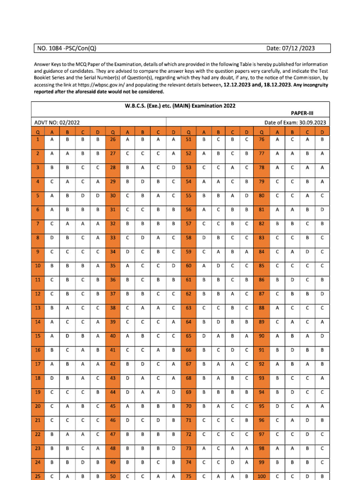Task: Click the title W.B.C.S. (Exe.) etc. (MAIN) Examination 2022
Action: pyautogui.click(x=180, y=106)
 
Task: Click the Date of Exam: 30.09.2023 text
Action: pyautogui.click(x=295, y=122)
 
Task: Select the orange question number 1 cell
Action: pyautogui.click(x=37, y=139)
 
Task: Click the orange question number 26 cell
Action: pyautogui.click(x=112, y=139)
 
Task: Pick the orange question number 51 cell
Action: pyautogui.click(x=188, y=139)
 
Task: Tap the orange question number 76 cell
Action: pyautogui.click(x=262, y=139)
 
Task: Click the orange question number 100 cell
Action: pyautogui.click(x=262, y=476)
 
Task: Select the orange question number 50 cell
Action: pyautogui.click(x=112, y=476)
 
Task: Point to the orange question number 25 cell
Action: pyautogui.click(x=37, y=476)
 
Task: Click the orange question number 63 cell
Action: pyautogui.click(x=188, y=308)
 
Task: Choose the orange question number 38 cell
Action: pyautogui.click(x=112, y=308)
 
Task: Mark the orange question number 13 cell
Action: pyautogui.click(x=37, y=308)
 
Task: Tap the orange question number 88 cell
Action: pyautogui.click(x=262, y=308)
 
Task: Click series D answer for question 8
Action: pyautogui.click(x=97, y=238)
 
